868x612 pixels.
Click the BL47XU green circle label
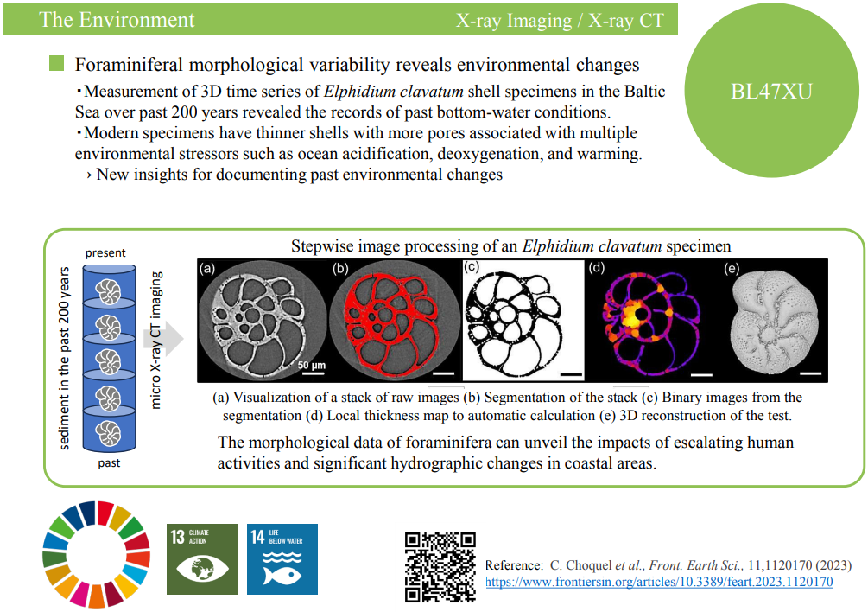[x=771, y=91]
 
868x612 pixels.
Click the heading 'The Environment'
[x=117, y=20]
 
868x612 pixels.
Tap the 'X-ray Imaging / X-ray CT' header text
[x=560, y=21]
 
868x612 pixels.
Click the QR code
[x=440, y=567]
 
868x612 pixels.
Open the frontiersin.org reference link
[x=659, y=582]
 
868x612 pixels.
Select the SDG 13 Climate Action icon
[x=202, y=558]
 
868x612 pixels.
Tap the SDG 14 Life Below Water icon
[x=282, y=558]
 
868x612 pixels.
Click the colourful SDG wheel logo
[x=97, y=554]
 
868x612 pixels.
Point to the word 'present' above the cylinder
[x=105, y=253]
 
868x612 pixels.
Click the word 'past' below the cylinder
[x=109, y=462]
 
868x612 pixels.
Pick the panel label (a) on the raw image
[x=207, y=269]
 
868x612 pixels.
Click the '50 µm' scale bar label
[x=312, y=366]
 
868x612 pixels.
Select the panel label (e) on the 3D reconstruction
[x=732, y=269]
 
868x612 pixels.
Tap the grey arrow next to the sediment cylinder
[x=164, y=338]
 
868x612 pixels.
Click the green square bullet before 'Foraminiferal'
[x=56, y=63]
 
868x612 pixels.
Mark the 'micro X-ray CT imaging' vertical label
[x=156, y=340]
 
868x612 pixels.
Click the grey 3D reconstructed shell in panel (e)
[x=775, y=322]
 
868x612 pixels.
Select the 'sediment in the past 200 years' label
[x=64, y=358]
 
